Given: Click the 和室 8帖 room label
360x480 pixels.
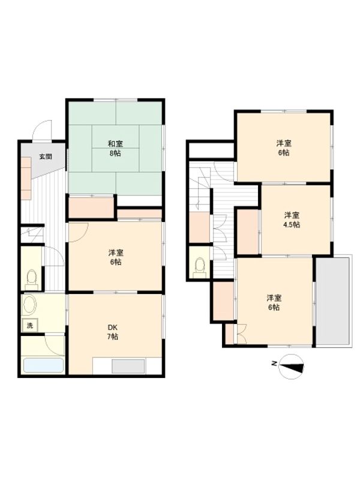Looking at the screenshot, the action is (x=115, y=148).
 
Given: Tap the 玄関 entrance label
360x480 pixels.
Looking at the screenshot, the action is (x=46, y=157).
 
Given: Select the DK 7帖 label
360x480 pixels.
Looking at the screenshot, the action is (x=113, y=332).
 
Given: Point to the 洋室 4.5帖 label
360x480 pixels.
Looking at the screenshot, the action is (x=292, y=220).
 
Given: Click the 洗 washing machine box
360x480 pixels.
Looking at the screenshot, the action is (x=30, y=325).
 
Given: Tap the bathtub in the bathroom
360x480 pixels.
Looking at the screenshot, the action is (x=43, y=365).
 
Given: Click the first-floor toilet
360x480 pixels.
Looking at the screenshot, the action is (x=31, y=279).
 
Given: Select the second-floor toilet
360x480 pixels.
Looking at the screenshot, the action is (x=200, y=268).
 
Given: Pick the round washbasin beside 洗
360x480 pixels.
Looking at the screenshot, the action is (x=29, y=305).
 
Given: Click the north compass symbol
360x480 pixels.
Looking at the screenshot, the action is (x=292, y=367).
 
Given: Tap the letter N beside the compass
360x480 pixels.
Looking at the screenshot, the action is (x=275, y=364).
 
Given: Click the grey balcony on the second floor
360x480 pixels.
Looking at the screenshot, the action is (x=332, y=302).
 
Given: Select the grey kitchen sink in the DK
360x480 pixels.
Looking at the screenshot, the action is (x=128, y=367).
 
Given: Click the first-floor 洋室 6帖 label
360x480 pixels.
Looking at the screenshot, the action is (x=116, y=257).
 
